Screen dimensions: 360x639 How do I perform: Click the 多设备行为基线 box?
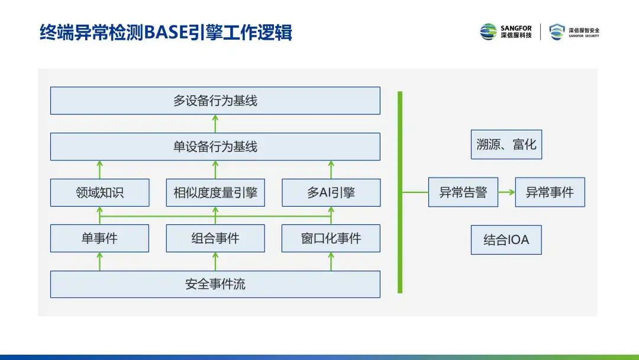click(x=215, y=101)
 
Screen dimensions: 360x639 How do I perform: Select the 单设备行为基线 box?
click(x=215, y=146)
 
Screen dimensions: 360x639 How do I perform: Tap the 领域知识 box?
click(x=99, y=192)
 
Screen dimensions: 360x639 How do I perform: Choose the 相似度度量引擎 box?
click(x=215, y=192)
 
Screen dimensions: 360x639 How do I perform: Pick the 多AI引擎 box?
click(x=331, y=192)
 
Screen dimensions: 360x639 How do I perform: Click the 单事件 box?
click(x=99, y=238)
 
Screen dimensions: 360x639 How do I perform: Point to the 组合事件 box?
click(x=215, y=238)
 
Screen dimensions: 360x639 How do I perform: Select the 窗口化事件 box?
click(x=331, y=238)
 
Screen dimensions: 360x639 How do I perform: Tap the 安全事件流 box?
click(x=215, y=284)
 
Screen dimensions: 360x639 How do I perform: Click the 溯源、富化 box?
click(x=506, y=144)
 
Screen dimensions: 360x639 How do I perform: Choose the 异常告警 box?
click(x=463, y=192)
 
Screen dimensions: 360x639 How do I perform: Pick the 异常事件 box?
click(x=550, y=192)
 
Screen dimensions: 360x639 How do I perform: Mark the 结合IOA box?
click(x=506, y=240)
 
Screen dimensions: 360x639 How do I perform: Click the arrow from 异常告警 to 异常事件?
click(x=506, y=192)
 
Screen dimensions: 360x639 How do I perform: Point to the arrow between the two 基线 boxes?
click(x=215, y=123)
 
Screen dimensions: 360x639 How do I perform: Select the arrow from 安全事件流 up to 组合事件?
click(x=215, y=261)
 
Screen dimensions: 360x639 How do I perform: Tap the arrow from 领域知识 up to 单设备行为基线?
click(x=99, y=169)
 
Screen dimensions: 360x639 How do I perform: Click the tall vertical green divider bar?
click(x=400, y=192)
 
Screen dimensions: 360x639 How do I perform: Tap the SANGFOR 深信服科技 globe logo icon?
click(x=488, y=32)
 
